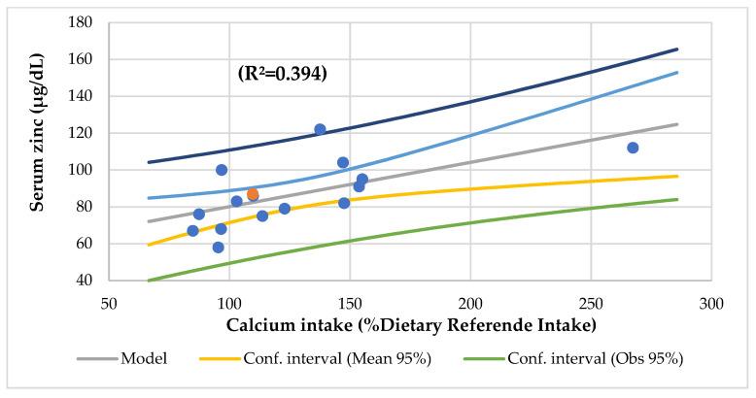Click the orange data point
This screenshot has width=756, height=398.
[x=253, y=194]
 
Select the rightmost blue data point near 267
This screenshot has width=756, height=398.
[x=633, y=148]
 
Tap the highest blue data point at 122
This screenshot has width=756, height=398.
[x=320, y=129]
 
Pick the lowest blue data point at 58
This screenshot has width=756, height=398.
[x=218, y=248]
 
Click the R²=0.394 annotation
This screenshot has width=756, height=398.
[x=282, y=73]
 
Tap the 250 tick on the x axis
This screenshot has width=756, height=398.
[x=591, y=303]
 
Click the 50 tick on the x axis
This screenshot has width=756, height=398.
[x=109, y=303]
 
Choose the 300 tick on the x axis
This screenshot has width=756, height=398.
[x=711, y=303]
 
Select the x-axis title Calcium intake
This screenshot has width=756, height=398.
[x=411, y=323]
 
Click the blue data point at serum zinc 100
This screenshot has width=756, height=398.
[x=222, y=170]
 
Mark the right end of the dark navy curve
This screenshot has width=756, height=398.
[x=677, y=50]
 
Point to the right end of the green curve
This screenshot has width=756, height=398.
[x=677, y=199]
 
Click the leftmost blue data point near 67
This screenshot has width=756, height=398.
[x=192, y=231]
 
